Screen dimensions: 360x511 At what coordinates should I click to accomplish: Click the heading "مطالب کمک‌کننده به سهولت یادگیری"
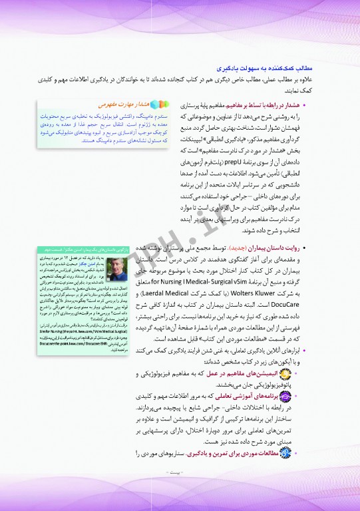[266, 69]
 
